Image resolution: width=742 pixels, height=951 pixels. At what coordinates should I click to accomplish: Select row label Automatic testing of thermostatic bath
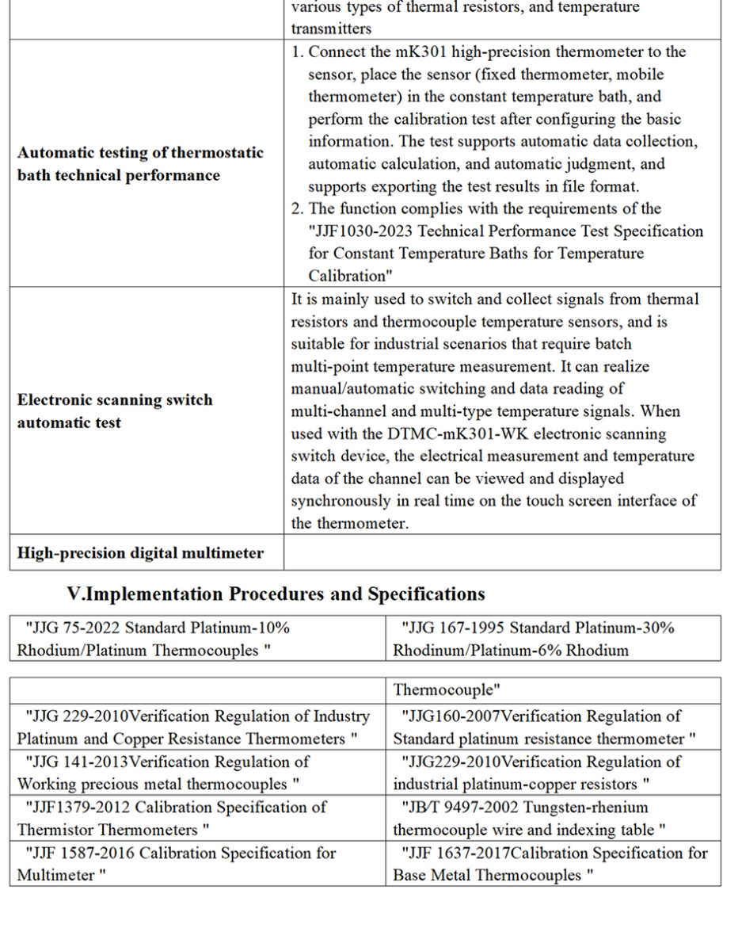tap(140, 164)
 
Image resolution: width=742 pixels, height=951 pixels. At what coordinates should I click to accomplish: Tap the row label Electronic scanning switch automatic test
tap(115, 411)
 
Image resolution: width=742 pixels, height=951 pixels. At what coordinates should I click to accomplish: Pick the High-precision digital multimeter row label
tap(140, 553)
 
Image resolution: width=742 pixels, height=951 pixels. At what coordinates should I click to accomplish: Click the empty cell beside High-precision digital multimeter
tap(502, 552)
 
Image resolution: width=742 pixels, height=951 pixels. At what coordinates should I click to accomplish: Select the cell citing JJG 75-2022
tap(197, 639)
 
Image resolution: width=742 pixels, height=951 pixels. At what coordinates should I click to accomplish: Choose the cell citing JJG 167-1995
tap(554, 639)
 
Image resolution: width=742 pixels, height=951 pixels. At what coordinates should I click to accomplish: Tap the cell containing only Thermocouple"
tap(554, 689)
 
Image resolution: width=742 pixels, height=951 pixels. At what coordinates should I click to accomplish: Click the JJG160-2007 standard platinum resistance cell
tap(554, 727)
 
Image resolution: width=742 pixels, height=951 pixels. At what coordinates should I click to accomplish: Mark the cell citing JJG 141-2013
tap(197, 773)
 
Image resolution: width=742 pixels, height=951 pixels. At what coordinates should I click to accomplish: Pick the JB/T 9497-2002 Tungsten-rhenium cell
tap(554, 819)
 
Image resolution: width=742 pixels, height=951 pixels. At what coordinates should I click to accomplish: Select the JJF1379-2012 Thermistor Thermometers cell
tap(197, 819)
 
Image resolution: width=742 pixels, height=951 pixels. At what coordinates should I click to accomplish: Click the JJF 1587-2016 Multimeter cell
tap(197, 864)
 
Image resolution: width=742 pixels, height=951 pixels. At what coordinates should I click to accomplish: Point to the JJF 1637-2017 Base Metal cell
tap(554, 864)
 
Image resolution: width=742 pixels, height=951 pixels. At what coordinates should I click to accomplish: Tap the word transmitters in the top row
tap(330, 29)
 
